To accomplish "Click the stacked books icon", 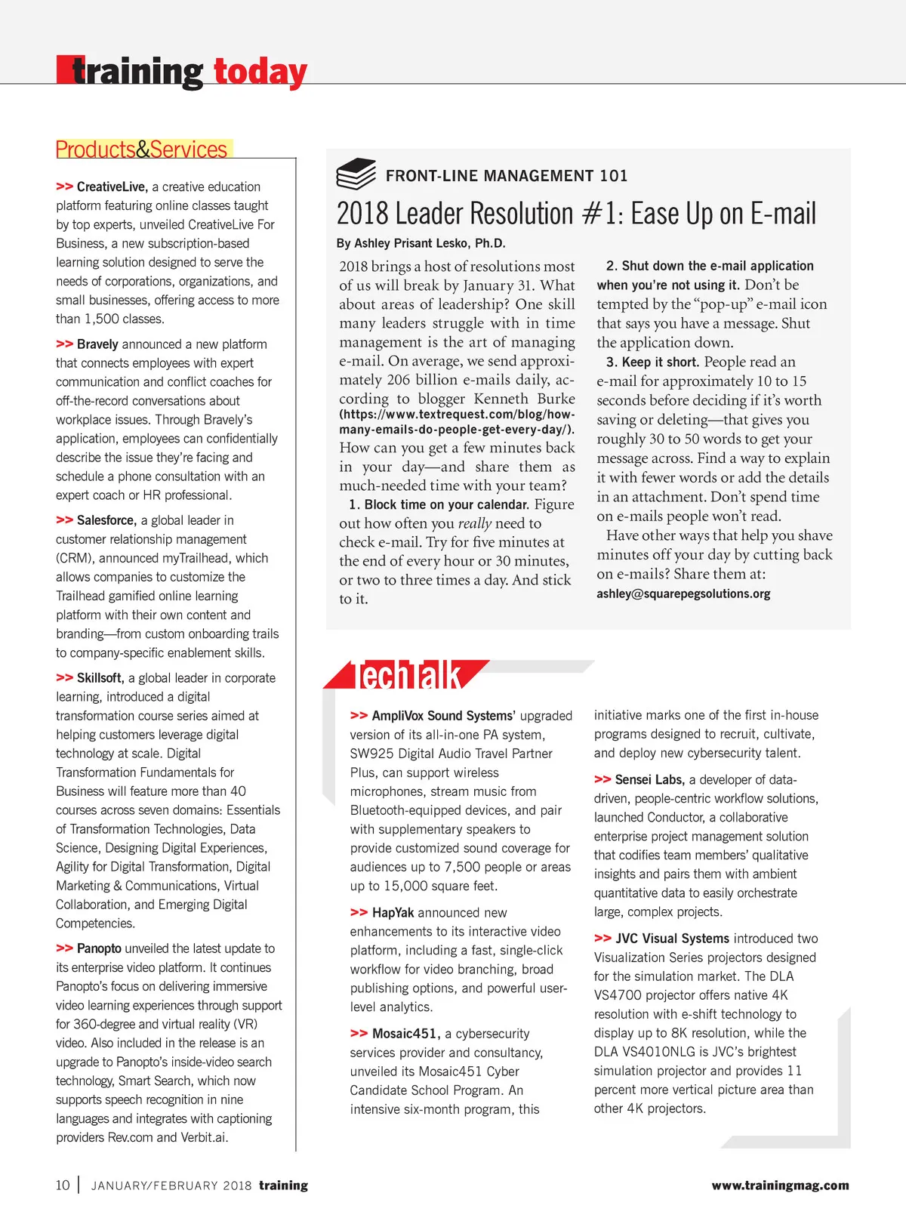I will [356, 174].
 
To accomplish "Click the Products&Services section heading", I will [141, 150].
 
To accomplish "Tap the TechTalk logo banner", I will [408, 675].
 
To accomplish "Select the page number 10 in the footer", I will [63, 1185].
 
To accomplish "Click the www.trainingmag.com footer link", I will [780, 1186].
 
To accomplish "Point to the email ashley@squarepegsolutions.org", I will [683, 594].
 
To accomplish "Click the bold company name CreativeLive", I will [112, 187].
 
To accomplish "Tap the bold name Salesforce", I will [106, 520].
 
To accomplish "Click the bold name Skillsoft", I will [100, 678].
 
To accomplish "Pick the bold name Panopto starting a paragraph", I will [99, 948].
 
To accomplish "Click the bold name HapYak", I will [393, 913].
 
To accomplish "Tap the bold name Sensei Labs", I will [649, 780].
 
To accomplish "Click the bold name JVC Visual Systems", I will [672, 939].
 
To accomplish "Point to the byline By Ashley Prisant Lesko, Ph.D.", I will [421, 243].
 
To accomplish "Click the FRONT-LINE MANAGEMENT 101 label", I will [507, 176].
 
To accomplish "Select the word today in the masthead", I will [260, 72].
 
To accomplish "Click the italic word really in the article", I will [475, 523].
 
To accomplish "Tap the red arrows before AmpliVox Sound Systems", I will [359, 715].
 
